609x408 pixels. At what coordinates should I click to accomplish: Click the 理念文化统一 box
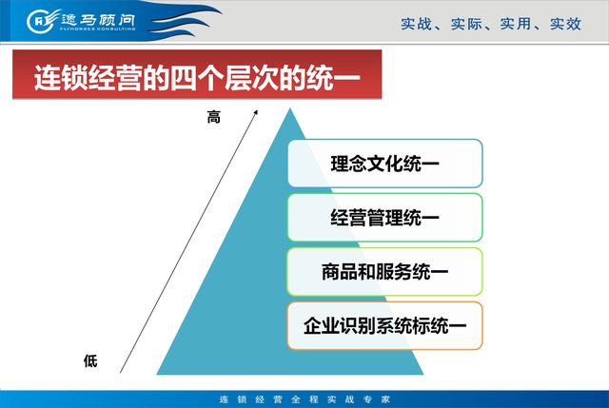click(x=384, y=163)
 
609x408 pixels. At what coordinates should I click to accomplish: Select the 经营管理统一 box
click(x=384, y=218)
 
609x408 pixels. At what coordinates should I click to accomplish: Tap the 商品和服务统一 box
click(x=384, y=272)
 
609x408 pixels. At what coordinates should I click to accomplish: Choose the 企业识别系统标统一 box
click(x=384, y=325)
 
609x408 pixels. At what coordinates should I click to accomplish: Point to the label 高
click(x=213, y=116)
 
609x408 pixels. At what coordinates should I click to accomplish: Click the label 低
click(x=90, y=361)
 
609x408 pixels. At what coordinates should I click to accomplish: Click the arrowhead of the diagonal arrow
click(x=256, y=112)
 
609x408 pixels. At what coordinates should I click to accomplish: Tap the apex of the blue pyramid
click(x=290, y=108)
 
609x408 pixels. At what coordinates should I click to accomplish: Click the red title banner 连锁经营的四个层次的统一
click(x=197, y=74)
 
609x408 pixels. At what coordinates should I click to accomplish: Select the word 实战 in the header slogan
click(x=416, y=24)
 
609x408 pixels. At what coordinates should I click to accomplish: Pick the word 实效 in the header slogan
click(x=565, y=24)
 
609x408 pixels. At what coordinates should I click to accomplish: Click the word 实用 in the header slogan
click(x=516, y=24)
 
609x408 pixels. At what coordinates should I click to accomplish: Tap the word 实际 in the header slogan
click(x=465, y=24)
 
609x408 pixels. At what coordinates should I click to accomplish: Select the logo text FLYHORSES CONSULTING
click(x=97, y=29)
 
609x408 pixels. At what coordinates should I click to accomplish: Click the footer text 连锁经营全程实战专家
click(x=304, y=399)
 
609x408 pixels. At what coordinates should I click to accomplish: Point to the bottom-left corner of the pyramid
click(x=156, y=374)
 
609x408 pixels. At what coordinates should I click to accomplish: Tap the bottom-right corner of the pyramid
click(x=423, y=374)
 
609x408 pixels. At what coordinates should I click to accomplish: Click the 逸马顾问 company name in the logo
click(x=97, y=19)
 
